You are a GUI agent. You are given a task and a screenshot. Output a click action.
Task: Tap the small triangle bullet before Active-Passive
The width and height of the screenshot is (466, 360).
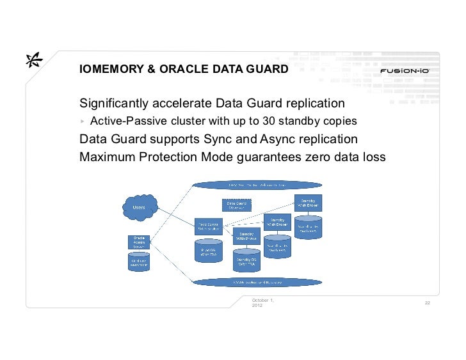click(x=83, y=121)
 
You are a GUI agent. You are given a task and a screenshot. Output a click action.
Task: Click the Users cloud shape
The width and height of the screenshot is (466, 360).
click(x=138, y=207)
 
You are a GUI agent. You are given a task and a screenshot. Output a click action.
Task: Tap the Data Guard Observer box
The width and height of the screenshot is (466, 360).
click(x=236, y=205)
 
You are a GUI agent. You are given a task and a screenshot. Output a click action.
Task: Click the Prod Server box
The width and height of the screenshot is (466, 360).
click(x=208, y=227)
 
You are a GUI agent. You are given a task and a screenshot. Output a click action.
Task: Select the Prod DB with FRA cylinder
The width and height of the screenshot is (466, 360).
click(x=208, y=250)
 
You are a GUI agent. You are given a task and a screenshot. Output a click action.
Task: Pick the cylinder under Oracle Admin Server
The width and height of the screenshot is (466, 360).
click(x=138, y=262)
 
